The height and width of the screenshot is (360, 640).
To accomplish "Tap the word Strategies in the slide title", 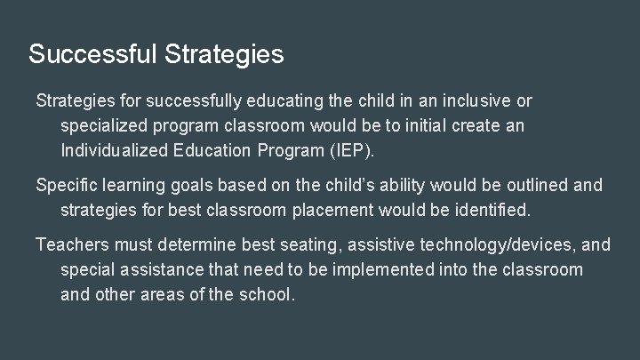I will click(x=224, y=55).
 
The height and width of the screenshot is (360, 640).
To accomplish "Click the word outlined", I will click(x=532, y=185).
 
